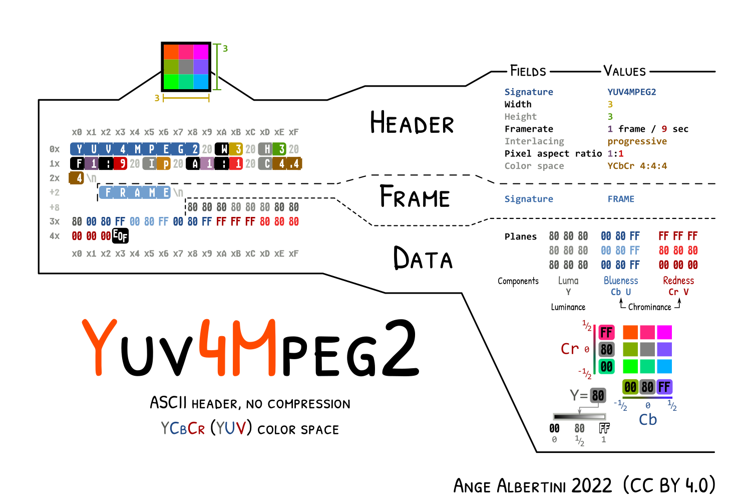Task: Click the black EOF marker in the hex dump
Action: point(120,235)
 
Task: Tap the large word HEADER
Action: point(412,123)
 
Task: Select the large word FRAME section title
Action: point(415,196)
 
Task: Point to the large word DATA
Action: point(423,259)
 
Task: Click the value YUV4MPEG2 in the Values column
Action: point(631,92)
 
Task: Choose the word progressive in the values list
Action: point(637,141)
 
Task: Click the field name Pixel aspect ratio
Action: point(553,153)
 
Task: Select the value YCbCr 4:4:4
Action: point(637,166)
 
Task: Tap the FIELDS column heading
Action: point(528,71)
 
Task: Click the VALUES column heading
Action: point(624,71)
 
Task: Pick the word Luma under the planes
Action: point(568,281)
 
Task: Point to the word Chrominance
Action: point(649,307)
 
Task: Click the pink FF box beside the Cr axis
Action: point(606,333)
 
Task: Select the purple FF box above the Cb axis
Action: point(664,387)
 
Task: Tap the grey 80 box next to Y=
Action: point(598,396)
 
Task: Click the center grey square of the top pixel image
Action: point(186,67)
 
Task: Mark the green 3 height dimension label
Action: point(225,49)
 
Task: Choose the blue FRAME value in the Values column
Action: point(621,199)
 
